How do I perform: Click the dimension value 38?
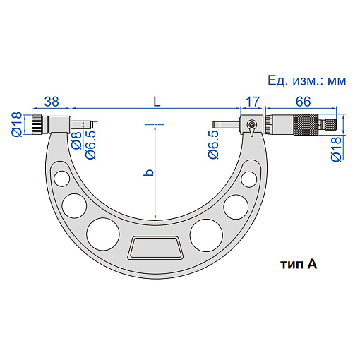tap(52, 102)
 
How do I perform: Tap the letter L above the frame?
tap(157, 102)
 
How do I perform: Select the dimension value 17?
tap(253, 102)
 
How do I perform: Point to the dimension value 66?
tap(304, 102)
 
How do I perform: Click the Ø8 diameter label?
tap(76, 140)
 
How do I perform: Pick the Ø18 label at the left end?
tap(17, 124)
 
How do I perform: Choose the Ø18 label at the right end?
tap(336, 149)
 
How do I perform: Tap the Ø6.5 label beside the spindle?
tap(214, 145)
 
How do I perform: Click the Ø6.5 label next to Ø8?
tap(91, 145)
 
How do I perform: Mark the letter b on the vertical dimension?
tap(148, 172)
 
